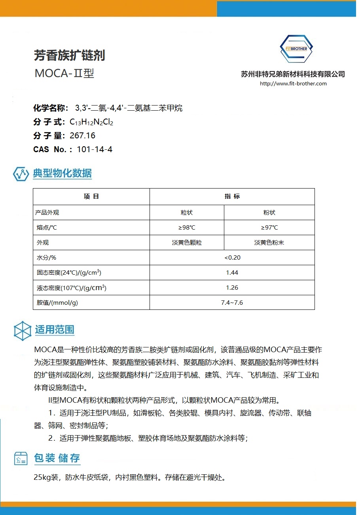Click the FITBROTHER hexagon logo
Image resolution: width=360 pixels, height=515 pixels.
pyautogui.click(x=296, y=49)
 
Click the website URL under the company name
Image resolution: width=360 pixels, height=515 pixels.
pyautogui.click(x=293, y=83)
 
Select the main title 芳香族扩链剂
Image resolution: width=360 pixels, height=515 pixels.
pyautogui.click(x=69, y=56)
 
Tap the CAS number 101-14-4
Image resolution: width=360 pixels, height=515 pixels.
pyautogui.click(x=95, y=149)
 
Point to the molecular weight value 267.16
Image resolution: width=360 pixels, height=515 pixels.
pyautogui.click(x=82, y=136)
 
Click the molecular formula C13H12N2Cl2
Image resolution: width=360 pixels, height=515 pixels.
pyautogui.click(x=91, y=122)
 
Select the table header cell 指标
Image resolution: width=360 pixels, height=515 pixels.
pyautogui.click(x=232, y=196)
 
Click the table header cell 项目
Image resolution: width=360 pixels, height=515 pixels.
pyautogui.click(x=91, y=196)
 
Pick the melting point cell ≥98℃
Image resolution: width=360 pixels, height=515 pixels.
pyautogui.click(x=187, y=227)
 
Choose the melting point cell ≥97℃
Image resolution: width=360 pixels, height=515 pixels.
pyautogui.click(x=269, y=227)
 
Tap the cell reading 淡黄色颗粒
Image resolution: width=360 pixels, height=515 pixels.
pyautogui.click(x=187, y=243)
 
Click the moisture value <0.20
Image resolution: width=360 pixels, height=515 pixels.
pyautogui.click(x=232, y=258)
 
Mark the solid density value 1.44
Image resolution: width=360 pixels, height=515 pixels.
pyautogui.click(x=232, y=273)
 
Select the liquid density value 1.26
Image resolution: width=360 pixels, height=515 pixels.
pyautogui.click(x=232, y=288)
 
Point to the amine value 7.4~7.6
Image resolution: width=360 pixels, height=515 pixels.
pyautogui.click(x=232, y=303)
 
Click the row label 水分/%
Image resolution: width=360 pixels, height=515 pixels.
pyautogui.click(x=46, y=258)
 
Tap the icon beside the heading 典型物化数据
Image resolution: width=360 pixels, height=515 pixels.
pyautogui.click(x=21, y=174)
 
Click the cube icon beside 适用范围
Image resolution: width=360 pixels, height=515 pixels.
pyautogui.click(x=23, y=330)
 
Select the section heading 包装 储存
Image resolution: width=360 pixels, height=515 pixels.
pyautogui.click(x=57, y=458)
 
